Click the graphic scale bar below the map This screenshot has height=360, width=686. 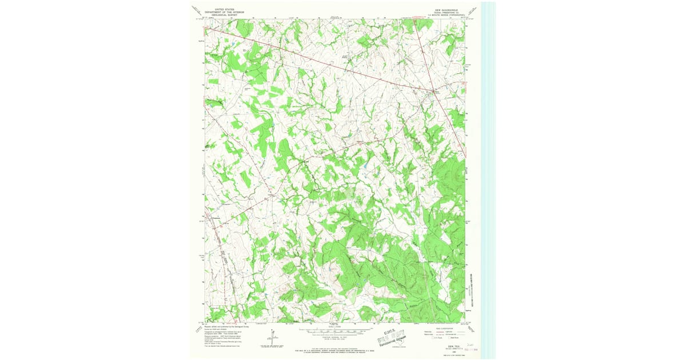(335, 331)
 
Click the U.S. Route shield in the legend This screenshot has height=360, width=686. (427, 339)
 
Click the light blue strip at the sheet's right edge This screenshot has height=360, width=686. (489, 171)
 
